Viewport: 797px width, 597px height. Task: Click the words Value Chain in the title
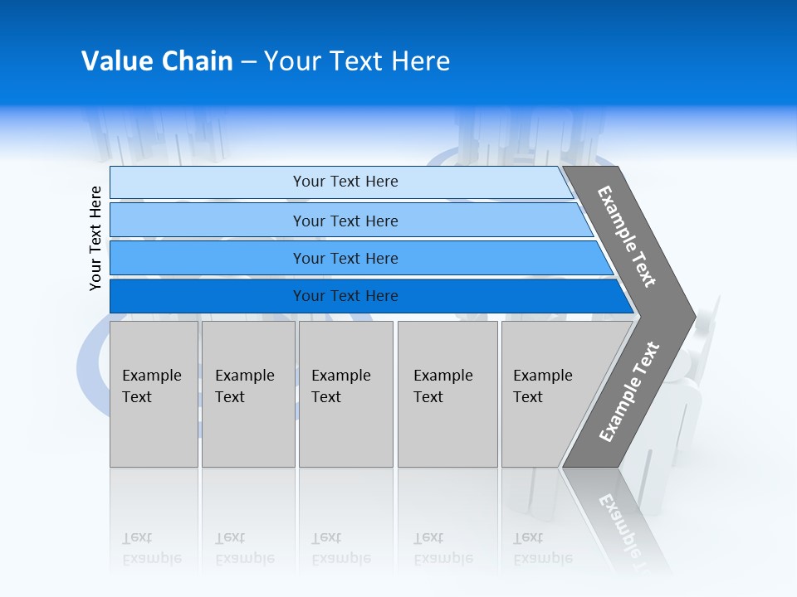click(157, 61)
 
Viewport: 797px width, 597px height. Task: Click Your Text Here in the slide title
click(357, 61)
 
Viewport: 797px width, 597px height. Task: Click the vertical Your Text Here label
click(95, 238)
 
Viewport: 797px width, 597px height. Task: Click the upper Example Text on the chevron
click(627, 236)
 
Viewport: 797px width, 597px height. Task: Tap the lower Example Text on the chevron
click(628, 392)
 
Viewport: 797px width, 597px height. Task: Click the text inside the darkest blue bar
click(345, 296)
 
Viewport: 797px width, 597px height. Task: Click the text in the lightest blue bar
click(345, 182)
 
